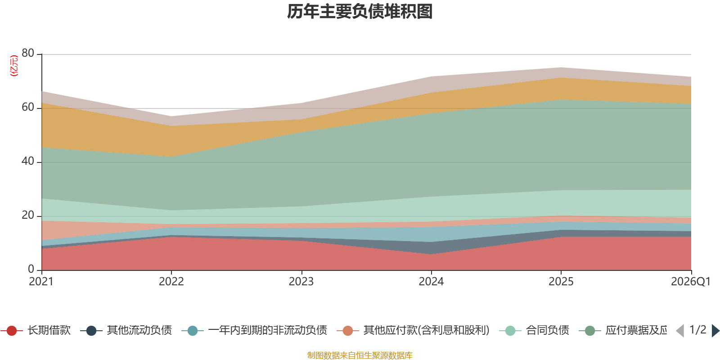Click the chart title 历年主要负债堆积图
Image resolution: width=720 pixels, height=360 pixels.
point(360,12)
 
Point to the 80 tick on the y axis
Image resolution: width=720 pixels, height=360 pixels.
point(28,53)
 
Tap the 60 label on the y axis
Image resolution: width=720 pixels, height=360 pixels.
point(28,107)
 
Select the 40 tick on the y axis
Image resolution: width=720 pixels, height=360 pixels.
point(28,161)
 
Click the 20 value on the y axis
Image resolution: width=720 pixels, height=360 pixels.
point(28,215)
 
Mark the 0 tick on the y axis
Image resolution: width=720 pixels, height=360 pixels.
point(31,269)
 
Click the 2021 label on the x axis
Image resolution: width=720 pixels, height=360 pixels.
point(41,282)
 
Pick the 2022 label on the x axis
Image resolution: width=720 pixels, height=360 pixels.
point(171,282)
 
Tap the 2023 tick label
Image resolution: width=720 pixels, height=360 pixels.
point(301,282)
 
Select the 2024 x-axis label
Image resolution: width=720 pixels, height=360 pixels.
point(431,282)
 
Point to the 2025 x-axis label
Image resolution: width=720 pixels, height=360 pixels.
point(561,282)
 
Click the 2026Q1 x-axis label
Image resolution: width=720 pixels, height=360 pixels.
point(691,282)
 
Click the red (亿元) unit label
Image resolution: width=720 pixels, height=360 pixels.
point(14,66)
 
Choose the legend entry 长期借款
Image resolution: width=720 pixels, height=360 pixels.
point(36,330)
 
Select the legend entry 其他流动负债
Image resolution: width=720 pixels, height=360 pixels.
point(126,330)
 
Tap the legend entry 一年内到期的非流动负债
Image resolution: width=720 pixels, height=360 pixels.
point(254,330)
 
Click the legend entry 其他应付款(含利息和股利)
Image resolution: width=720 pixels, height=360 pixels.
point(413,330)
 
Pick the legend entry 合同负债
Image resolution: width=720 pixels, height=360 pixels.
point(534,330)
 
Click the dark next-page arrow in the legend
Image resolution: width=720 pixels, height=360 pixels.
point(715,330)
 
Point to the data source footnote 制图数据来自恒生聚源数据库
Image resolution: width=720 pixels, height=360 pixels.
point(360,355)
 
